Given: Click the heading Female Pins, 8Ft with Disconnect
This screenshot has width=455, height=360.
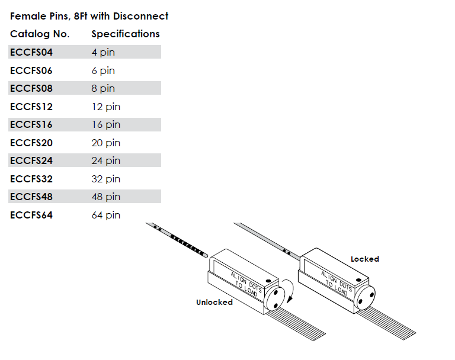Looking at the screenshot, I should pyautogui.click(x=89, y=16).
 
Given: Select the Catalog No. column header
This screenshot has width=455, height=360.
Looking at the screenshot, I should pyautogui.click(x=40, y=34).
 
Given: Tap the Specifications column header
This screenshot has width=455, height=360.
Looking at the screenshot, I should pyautogui.click(x=125, y=34).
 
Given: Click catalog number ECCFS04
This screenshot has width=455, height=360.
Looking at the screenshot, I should pyautogui.click(x=31, y=52).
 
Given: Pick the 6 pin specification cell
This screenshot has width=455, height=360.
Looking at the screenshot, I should pyautogui.click(x=103, y=70).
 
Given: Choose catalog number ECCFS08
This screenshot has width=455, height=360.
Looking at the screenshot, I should pyautogui.click(x=31, y=88).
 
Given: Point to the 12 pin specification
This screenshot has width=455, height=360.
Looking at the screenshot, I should pyautogui.click(x=105, y=107).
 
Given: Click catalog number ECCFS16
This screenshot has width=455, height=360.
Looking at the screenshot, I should pyautogui.click(x=31, y=124).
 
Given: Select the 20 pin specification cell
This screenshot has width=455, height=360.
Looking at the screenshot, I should pyautogui.click(x=105, y=143).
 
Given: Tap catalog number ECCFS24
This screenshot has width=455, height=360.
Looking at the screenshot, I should pyautogui.click(x=31, y=160).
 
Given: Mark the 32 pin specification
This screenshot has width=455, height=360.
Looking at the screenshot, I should pyautogui.click(x=105, y=179).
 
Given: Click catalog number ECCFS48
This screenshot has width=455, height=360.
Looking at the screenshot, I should pyautogui.click(x=31, y=197).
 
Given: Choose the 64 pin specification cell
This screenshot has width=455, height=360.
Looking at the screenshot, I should pyautogui.click(x=105, y=215).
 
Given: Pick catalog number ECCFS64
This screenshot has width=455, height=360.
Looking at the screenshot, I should pyautogui.click(x=31, y=215).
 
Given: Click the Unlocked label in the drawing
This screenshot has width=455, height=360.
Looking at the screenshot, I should pyautogui.click(x=214, y=302).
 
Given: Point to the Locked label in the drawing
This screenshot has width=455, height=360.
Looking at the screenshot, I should pyautogui.click(x=364, y=259).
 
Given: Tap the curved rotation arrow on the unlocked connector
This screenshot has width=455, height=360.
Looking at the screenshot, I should pyautogui.click(x=289, y=290).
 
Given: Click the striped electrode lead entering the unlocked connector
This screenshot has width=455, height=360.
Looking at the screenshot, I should pyautogui.click(x=184, y=242).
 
